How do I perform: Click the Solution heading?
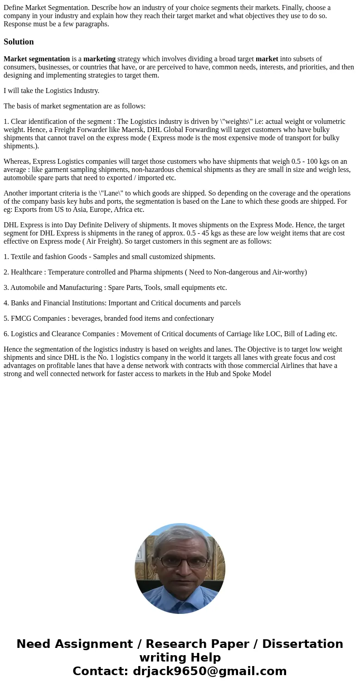tap(19, 42)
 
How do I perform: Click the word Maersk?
tap(132, 130)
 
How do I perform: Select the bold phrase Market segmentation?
tap(37, 59)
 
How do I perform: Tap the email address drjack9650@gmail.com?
tap(209, 671)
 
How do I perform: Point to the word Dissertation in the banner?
tap(302, 644)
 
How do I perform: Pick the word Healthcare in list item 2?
tap(27, 272)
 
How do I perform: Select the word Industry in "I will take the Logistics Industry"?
tap(85, 91)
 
